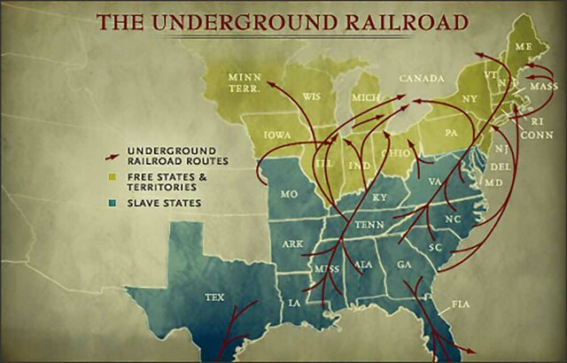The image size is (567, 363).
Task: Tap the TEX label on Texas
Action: click(214, 297)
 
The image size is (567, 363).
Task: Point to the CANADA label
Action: click(422, 79)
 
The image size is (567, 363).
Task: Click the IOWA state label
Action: click(277, 135)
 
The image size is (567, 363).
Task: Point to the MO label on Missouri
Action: click(288, 194)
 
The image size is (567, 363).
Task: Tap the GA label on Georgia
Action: click(405, 263)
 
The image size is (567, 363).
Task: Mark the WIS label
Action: click(311, 96)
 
